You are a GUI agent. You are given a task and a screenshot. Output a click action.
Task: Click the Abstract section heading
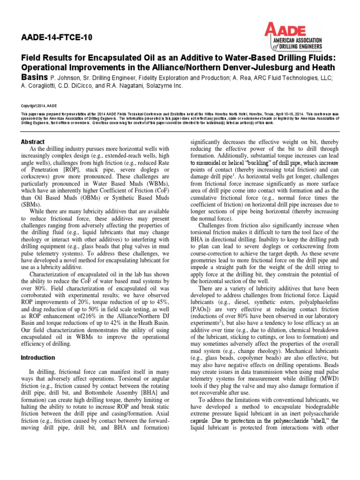coord(33,142)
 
